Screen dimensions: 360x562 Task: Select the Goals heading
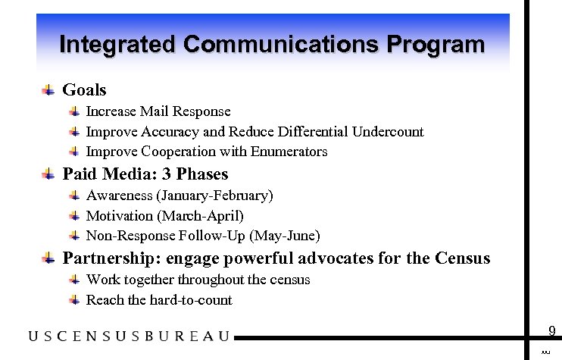(x=84, y=90)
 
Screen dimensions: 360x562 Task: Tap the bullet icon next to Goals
(x=48, y=90)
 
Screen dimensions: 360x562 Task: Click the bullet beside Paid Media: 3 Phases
(x=48, y=174)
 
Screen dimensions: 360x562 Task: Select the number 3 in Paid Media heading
(x=167, y=174)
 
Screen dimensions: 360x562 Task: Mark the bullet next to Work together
(x=74, y=280)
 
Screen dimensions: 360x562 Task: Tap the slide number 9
(x=552, y=330)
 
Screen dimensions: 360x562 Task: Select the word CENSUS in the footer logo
(x=102, y=336)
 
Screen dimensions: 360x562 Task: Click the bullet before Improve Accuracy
(x=74, y=132)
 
